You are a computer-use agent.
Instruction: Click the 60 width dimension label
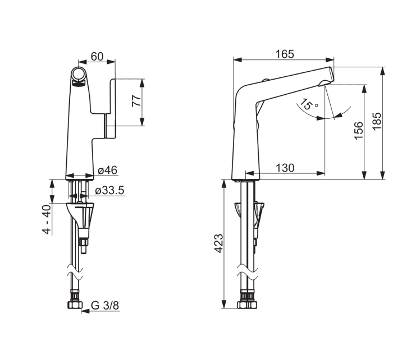tap(97, 57)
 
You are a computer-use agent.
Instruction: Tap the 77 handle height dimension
tap(137, 100)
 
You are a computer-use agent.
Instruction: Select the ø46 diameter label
tap(108, 170)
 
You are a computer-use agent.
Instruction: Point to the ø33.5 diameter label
tap(110, 191)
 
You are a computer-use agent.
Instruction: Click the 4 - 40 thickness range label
tap(47, 220)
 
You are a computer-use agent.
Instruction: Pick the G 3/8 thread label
tap(105, 306)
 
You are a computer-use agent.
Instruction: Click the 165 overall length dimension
tap(285, 54)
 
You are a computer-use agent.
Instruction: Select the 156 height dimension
tap(358, 131)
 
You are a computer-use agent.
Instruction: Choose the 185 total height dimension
tap(377, 121)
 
